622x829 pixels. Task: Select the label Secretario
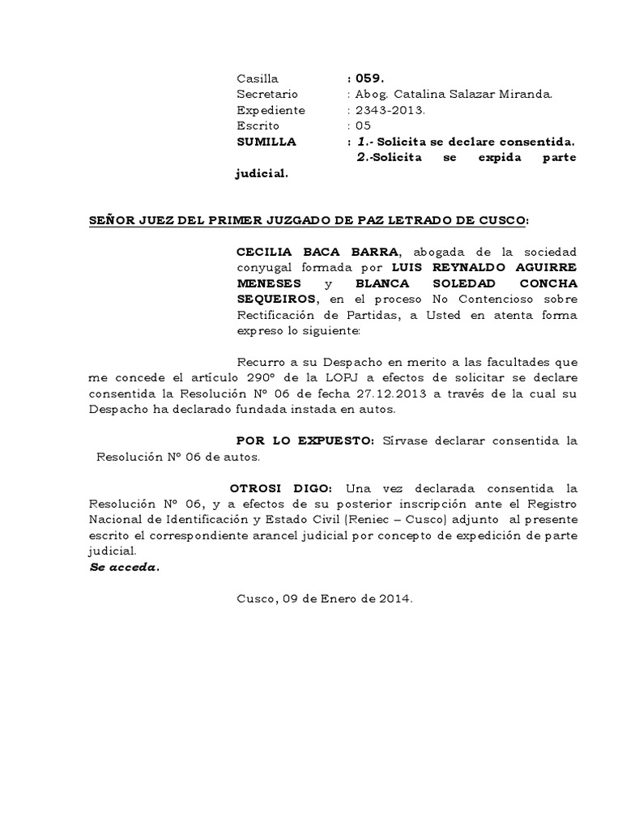(267, 94)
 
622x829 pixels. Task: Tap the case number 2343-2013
(385, 110)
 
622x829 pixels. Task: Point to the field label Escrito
(258, 125)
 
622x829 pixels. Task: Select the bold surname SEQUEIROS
(277, 300)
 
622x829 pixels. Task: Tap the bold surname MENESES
(268, 284)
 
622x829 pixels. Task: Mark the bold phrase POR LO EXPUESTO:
(305, 441)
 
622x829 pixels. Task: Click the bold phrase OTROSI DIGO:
(280, 489)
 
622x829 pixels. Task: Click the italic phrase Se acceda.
(123, 567)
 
